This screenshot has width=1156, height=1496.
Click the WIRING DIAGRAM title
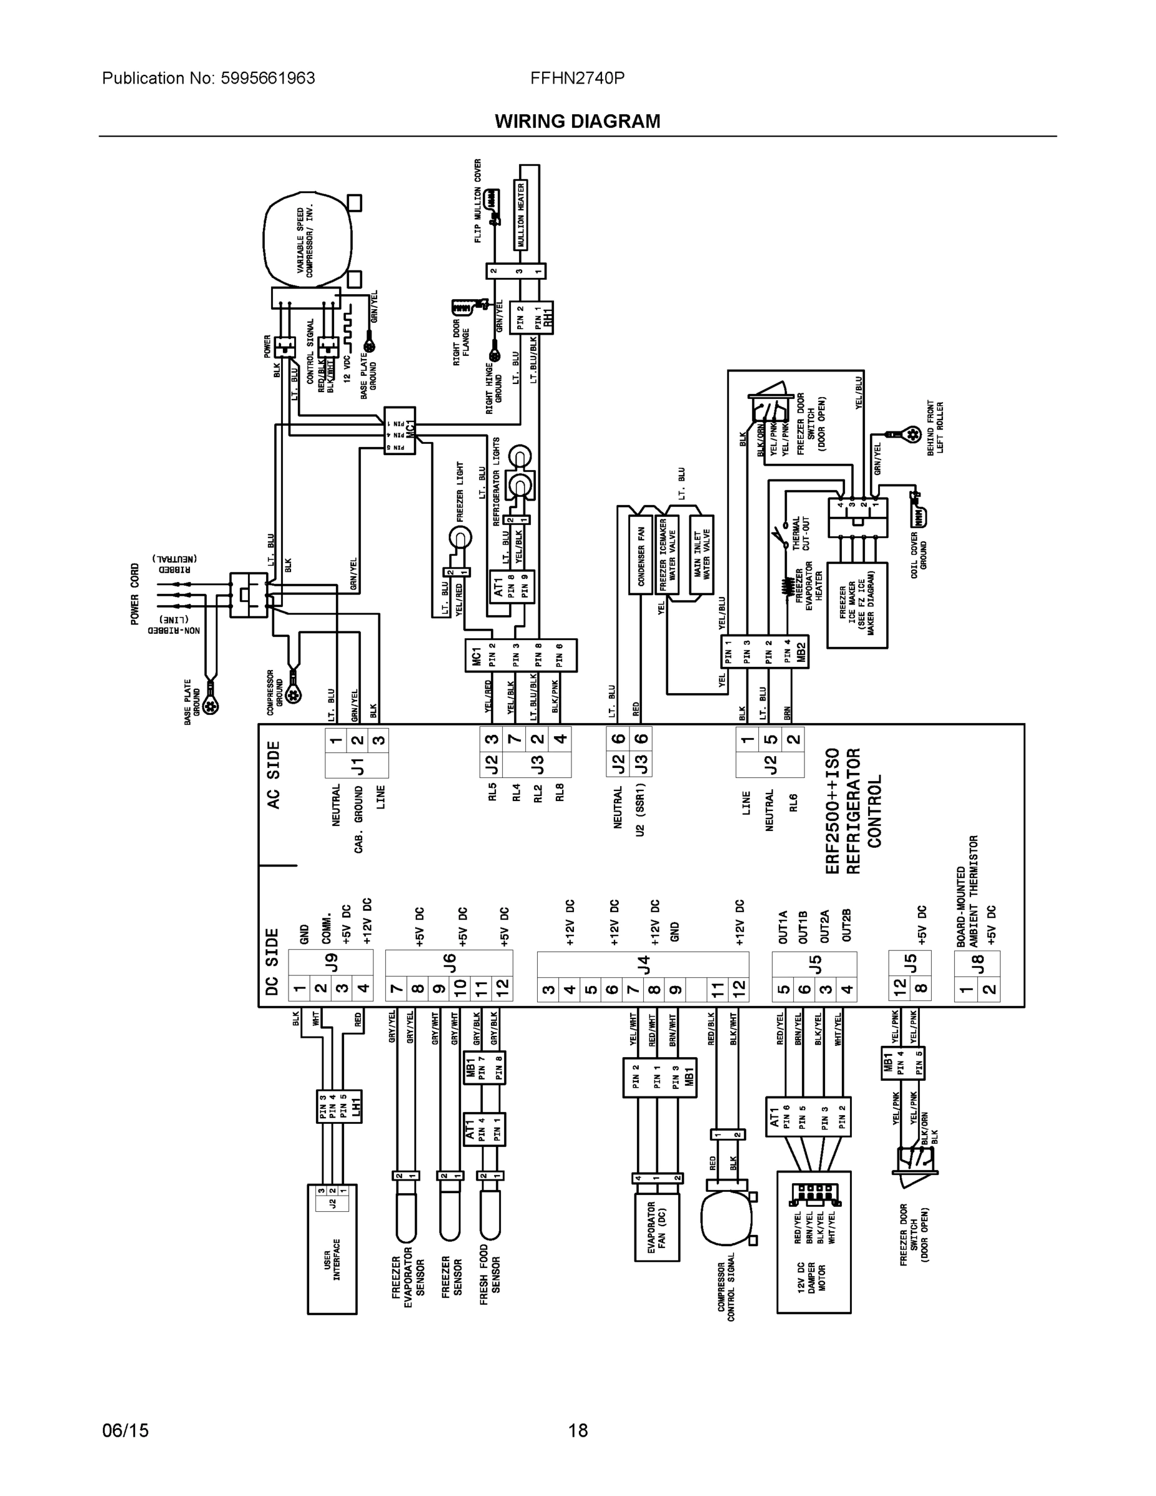pyautogui.click(x=577, y=122)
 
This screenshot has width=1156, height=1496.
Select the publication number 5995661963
pyautogui.click(x=268, y=78)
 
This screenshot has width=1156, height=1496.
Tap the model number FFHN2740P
pyautogui.click(x=576, y=78)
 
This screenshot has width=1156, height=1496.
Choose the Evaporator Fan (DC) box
pyautogui.click(x=657, y=1228)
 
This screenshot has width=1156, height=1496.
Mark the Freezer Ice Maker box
pyautogui.click(x=857, y=605)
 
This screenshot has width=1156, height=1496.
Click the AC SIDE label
pyautogui.click(x=274, y=775)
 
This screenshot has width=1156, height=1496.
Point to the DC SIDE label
pyautogui.click(x=272, y=962)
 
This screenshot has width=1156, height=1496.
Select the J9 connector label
pyautogui.click(x=332, y=962)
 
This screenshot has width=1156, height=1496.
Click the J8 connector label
pyautogui.click(x=978, y=962)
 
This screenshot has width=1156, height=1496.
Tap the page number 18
pyautogui.click(x=577, y=1431)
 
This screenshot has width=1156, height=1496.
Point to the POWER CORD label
pyautogui.click(x=135, y=594)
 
